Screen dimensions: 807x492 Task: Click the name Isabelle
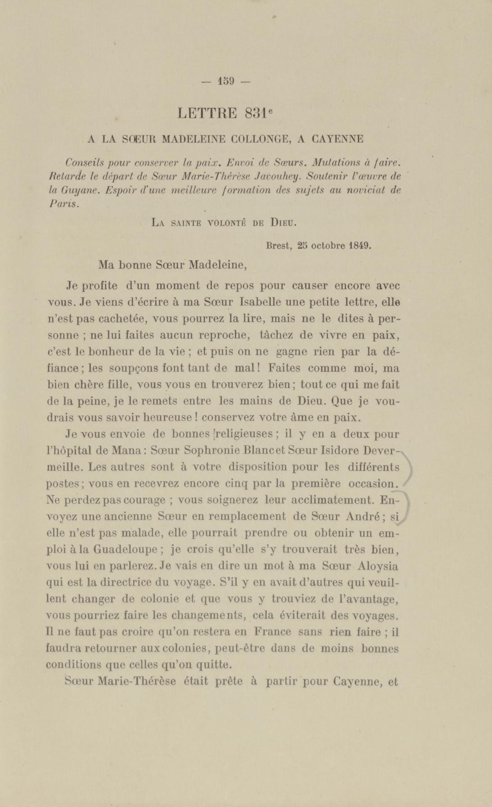click(x=259, y=302)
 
